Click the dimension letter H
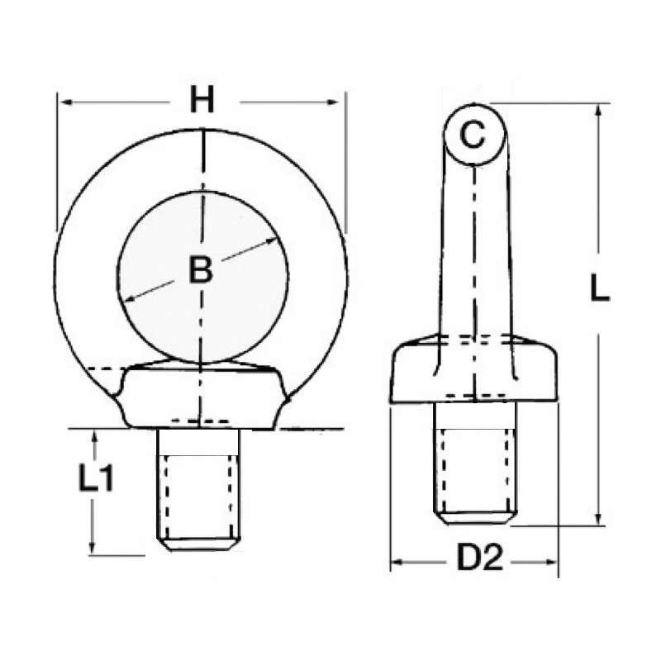click(x=202, y=100)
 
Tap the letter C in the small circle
click(x=473, y=135)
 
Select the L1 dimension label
click(x=96, y=478)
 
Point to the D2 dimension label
click(x=481, y=559)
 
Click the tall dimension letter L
click(x=600, y=287)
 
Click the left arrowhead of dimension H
click(x=67, y=102)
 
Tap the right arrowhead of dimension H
click(x=333, y=102)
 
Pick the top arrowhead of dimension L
click(x=597, y=111)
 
